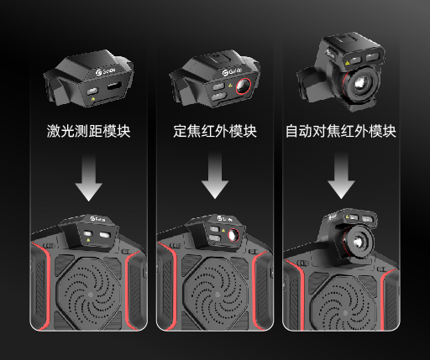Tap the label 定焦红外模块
215,132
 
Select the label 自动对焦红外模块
340,132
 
